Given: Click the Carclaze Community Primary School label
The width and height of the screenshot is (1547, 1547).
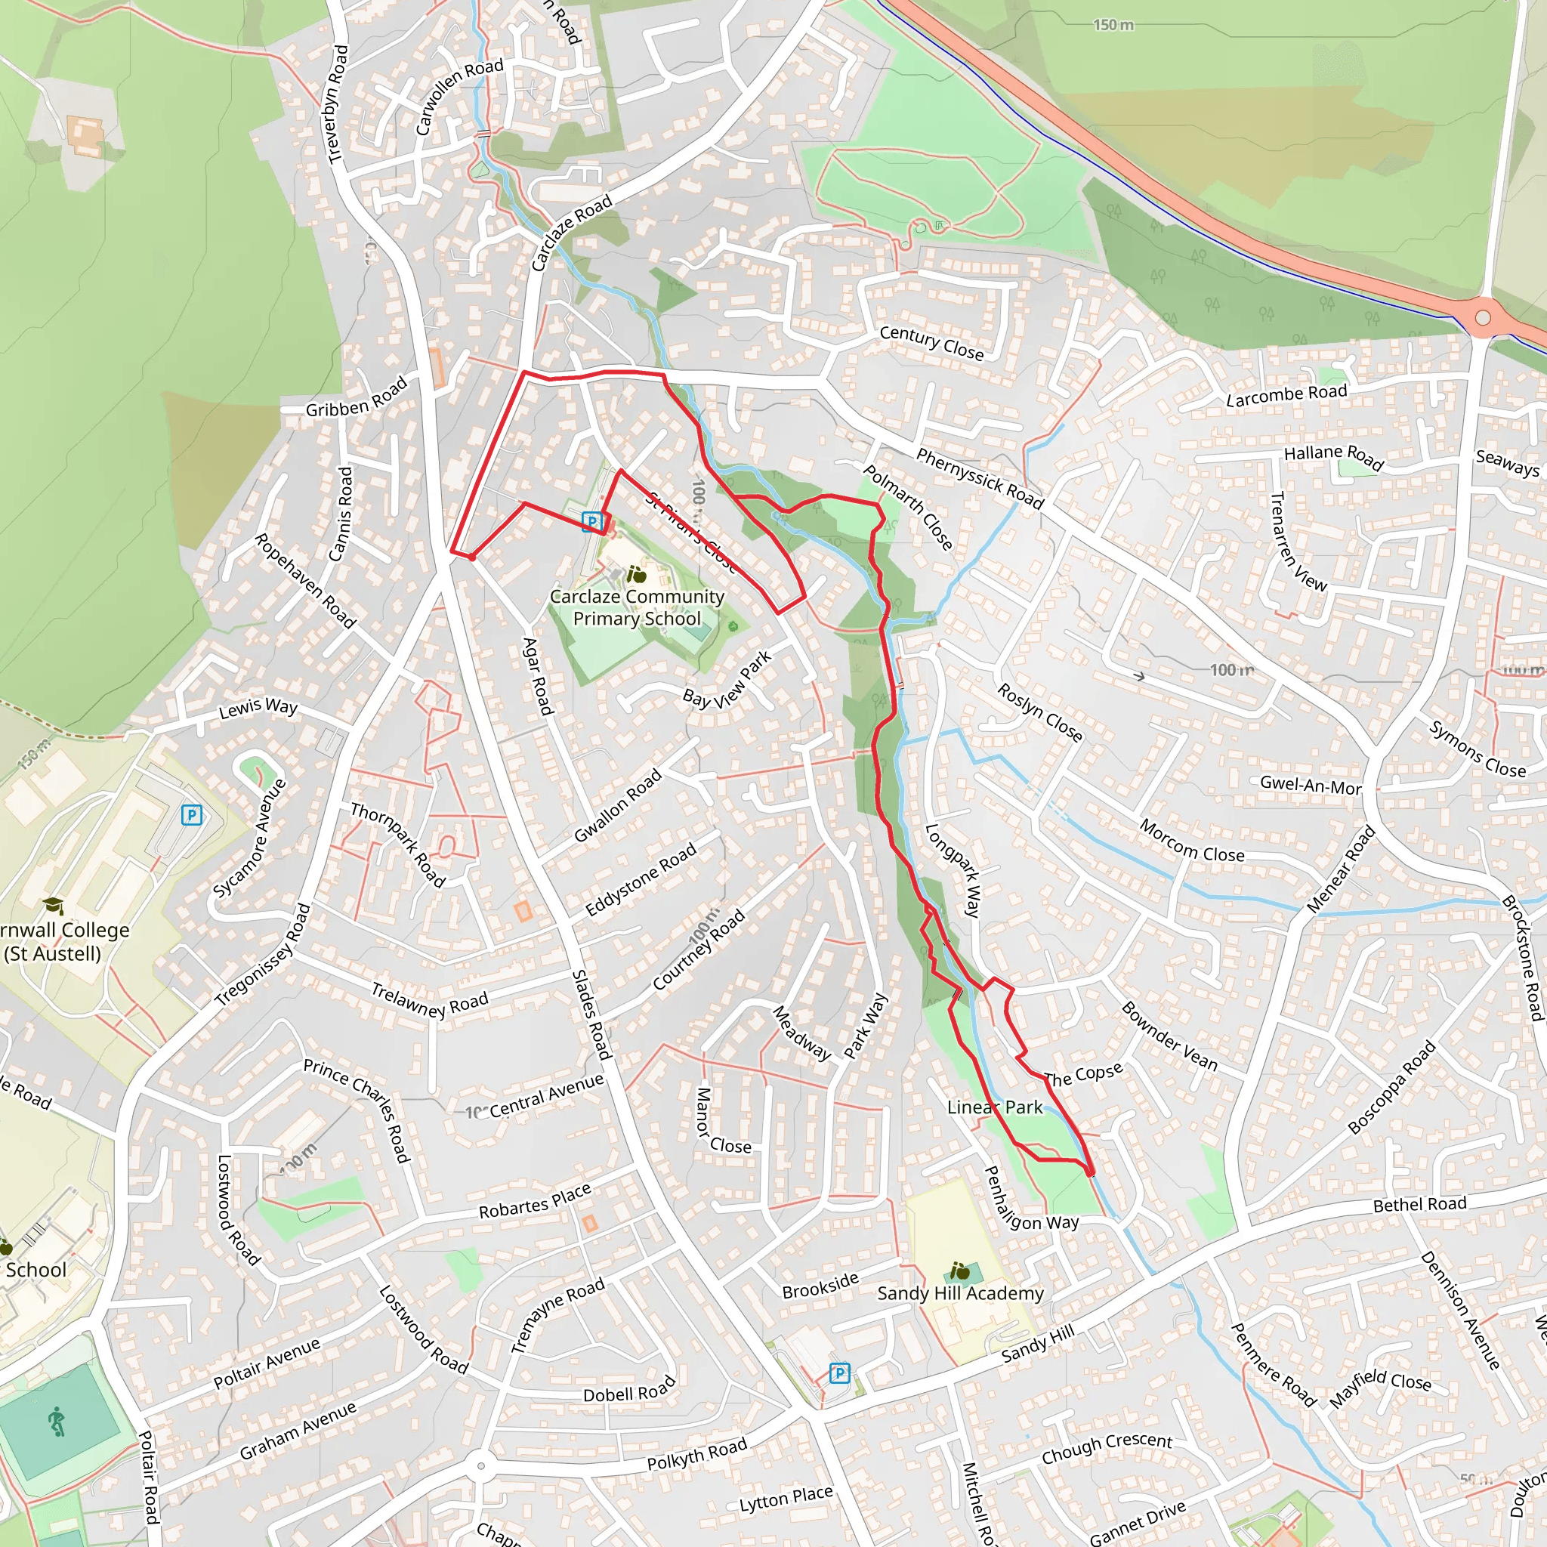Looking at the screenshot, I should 637,608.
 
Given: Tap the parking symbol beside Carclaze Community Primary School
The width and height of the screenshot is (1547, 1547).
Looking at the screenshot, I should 591,522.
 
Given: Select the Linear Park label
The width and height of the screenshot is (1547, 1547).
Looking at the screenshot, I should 995,1107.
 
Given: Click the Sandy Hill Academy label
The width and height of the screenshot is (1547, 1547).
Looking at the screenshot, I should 960,1293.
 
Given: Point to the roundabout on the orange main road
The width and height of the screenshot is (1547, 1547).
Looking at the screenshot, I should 1482,318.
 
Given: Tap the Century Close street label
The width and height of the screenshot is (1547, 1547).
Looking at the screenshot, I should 931,343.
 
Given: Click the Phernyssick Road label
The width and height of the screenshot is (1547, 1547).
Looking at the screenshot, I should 979,479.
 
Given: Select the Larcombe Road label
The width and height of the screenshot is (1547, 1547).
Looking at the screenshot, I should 1286,395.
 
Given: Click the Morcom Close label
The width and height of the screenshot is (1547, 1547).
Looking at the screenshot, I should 1191,841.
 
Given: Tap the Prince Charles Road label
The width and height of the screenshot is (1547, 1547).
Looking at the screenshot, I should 357,1110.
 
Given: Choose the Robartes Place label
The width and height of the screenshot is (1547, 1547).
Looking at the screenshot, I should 535,1201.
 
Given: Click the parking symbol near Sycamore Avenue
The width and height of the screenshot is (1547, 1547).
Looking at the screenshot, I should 191,815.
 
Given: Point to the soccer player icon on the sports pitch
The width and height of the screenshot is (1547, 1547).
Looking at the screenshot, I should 56,1422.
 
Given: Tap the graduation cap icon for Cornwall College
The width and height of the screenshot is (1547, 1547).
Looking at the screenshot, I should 53,906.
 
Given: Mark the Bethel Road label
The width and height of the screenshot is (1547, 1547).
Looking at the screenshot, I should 1419,1204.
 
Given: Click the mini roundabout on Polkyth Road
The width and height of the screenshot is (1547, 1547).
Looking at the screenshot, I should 480,1466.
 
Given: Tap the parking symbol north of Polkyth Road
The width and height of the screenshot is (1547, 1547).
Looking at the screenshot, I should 838,1373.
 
